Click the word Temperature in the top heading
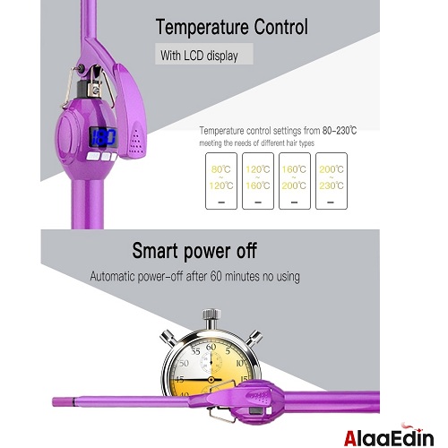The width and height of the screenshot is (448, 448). tap(202, 27)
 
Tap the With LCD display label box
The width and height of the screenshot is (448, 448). tap(204, 54)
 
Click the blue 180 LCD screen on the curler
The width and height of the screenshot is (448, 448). tap(103, 137)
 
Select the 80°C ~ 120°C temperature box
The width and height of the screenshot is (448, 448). tap(221, 181)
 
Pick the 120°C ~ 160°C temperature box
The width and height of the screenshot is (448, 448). tap(258, 181)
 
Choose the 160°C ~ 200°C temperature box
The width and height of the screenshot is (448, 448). tap(295, 181)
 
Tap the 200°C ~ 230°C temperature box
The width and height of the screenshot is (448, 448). tap(332, 181)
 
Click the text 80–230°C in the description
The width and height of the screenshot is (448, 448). tap(340, 131)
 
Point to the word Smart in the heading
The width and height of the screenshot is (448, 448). tap(155, 251)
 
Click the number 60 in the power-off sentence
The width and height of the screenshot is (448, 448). tap(216, 276)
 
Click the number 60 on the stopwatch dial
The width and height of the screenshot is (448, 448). tap(211, 347)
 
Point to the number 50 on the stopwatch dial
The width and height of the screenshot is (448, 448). tap(184, 363)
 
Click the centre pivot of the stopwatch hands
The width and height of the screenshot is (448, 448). tap(211, 380)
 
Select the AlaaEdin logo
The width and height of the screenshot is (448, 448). tap(389, 435)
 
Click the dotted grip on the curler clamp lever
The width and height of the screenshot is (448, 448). tap(136, 140)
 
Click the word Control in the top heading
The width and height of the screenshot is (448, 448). tap(281, 27)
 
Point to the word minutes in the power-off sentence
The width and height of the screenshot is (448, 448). tap(242, 276)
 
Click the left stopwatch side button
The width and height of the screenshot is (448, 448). tap(168, 338)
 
